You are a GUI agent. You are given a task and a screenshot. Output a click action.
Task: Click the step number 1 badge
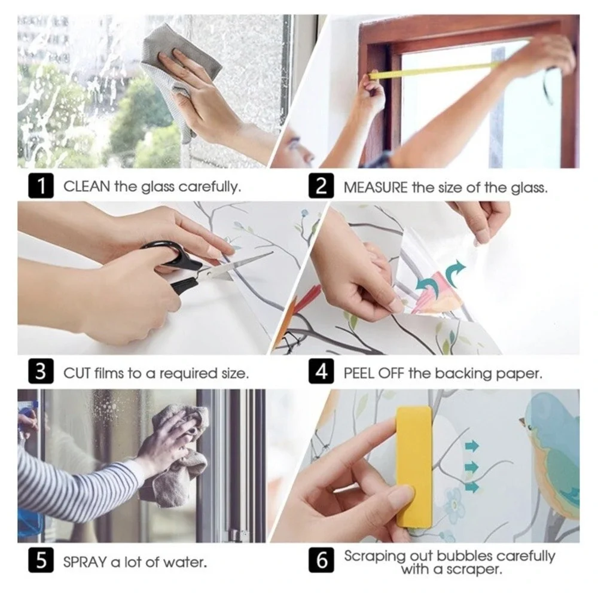(41, 186)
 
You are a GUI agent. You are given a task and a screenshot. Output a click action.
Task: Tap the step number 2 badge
(321, 186)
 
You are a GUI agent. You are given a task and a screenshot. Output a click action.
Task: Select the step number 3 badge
(41, 371)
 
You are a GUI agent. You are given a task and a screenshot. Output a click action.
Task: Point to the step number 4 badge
(321, 371)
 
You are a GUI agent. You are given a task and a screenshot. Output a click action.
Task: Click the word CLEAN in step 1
(87, 187)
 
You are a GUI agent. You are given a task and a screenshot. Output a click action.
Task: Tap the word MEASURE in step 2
(376, 187)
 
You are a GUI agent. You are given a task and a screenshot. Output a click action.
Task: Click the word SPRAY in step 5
(85, 562)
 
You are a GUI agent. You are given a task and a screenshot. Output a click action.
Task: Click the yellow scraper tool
(414, 466)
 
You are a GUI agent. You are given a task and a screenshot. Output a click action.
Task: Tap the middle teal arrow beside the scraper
(472, 466)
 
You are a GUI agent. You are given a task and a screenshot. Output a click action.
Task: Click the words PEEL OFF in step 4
(373, 373)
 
